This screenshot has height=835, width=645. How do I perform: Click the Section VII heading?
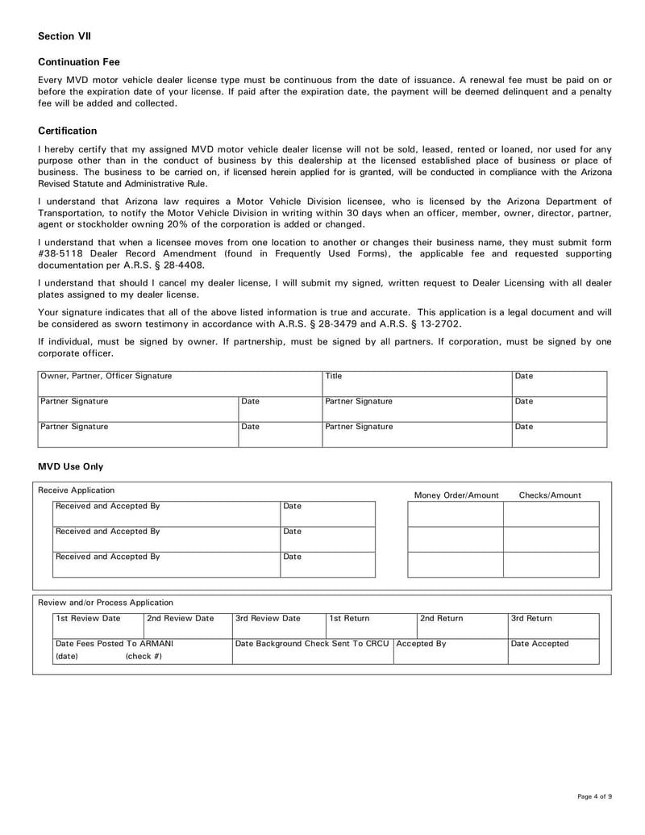[64, 36]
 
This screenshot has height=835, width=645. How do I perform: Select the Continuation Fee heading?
[78, 62]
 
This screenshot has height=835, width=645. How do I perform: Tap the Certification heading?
[68, 131]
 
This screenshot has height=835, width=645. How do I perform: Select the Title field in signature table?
[416, 383]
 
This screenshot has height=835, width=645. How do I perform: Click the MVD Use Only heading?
[71, 466]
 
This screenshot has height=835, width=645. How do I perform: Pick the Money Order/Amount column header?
[456, 495]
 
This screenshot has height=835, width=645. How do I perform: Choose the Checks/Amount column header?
[550, 495]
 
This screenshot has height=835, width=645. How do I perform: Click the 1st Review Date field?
[98, 625]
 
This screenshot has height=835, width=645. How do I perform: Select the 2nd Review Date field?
[187, 625]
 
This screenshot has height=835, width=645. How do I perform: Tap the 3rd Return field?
[553, 625]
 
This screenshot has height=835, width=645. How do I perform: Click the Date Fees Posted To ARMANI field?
[142, 650]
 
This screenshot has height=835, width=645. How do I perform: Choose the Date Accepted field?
[553, 650]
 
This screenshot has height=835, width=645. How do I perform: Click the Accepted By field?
[450, 650]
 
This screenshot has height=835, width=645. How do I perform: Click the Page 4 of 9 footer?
[594, 797]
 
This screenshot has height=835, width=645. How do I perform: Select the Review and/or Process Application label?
[106, 603]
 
